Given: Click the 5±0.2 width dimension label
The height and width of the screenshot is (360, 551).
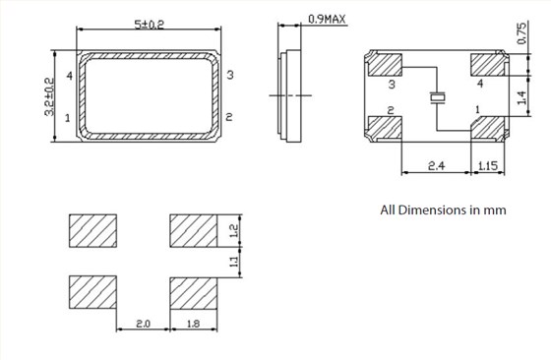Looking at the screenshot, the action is pos(149,25).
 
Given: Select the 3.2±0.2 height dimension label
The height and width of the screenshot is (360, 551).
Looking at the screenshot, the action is pos(49,96).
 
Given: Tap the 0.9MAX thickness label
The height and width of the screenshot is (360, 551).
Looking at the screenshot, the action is pos(327,19).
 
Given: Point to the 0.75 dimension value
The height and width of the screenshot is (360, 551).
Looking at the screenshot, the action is pos(521,33).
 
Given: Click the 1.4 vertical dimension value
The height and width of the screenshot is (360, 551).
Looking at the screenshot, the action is pos(521,97).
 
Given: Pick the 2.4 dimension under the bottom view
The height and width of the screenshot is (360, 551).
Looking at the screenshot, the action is pos(436,165).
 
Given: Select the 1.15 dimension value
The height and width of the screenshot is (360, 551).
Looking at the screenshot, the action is pos(488,165).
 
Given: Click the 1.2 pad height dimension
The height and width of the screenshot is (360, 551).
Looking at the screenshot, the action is pos(234,231).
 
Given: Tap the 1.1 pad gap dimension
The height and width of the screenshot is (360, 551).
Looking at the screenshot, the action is pos(234,262).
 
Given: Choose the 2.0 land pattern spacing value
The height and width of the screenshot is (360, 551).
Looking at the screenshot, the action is pos(143,324).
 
